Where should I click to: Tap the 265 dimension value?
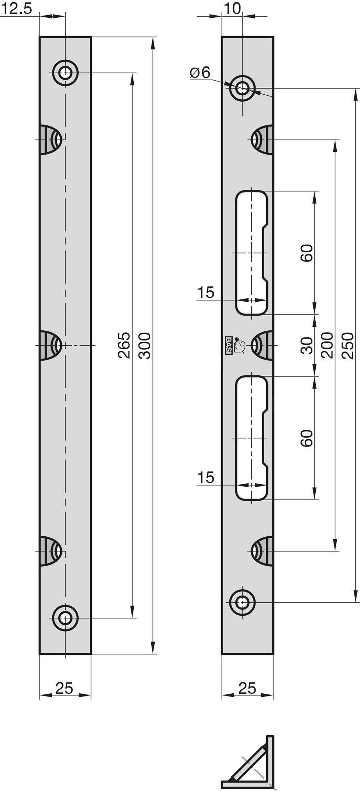(x=124, y=345)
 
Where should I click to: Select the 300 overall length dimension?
(x=145, y=345)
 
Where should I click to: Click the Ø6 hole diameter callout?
(x=200, y=72)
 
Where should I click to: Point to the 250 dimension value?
(x=348, y=345)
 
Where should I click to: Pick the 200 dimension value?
(x=327, y=345)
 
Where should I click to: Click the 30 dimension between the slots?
(x=307, y=345)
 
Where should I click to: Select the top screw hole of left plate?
(x=65, y=73)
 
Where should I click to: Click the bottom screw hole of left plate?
(x=65, y=617)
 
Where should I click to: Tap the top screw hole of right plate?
(x=242, y=88)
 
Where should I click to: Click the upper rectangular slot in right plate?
(x=252, y=253)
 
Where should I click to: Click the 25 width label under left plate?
(x=64, y=689)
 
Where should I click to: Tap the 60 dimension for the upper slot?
(x=307, y=253)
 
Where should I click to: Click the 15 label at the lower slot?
(x=205, y=477)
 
